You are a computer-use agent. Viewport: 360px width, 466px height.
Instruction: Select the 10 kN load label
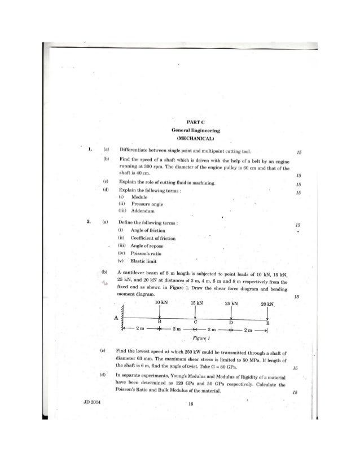point(161,302)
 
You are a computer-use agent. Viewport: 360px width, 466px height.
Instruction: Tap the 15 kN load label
point(197,302)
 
